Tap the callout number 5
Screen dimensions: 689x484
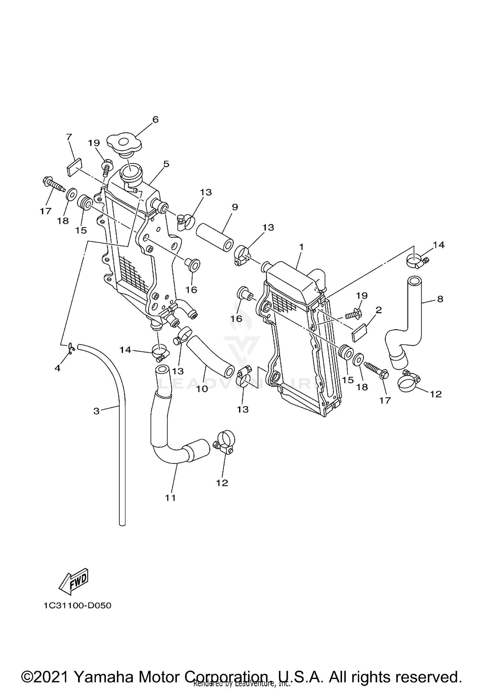click(166, 164)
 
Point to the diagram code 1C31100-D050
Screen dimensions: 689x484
click(77, 606)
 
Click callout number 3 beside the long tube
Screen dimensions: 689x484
click(96, 411)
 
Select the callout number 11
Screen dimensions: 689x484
click(170, 498)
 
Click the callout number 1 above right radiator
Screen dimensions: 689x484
click(301, 247)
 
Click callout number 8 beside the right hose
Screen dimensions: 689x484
click(440, 299)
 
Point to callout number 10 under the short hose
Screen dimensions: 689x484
click(202, 389)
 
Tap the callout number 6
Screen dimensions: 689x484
click(156, 119)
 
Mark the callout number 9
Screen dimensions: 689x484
click(235, 207)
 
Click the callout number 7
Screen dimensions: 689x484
click(69, 137)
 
